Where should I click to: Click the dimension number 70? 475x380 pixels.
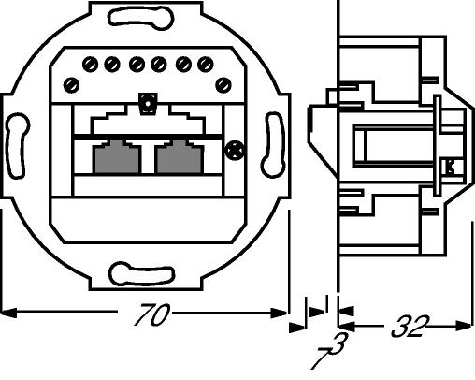coord(151,314)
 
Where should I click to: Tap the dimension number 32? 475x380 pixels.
coord(410,327)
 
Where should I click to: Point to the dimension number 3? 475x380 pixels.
coord(339,343)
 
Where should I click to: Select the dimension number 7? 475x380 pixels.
coord(321,358)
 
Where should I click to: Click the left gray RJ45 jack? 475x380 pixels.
coord(117,157)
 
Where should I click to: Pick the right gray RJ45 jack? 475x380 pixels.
coord(180,157)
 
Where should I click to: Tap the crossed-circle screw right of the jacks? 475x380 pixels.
coord(234,151)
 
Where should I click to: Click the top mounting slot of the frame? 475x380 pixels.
coord(141,18)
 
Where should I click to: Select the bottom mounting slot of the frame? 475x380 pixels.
coord(141,274)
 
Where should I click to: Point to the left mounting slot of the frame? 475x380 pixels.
coord(17,146)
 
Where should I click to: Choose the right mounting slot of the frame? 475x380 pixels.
coord(273,145)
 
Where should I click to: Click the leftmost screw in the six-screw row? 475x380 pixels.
coord(91,65)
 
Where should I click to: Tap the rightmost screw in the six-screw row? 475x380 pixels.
coord(206,65)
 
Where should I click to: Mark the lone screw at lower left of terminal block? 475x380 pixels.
coord(71,85)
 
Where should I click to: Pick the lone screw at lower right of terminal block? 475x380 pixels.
coord(223,85)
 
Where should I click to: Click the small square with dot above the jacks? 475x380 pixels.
coord(148,103)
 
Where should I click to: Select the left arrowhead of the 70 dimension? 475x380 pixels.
coord(8,313)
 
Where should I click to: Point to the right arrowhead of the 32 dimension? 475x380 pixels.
coord(464,326)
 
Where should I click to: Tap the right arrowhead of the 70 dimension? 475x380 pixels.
coord(279,313)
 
